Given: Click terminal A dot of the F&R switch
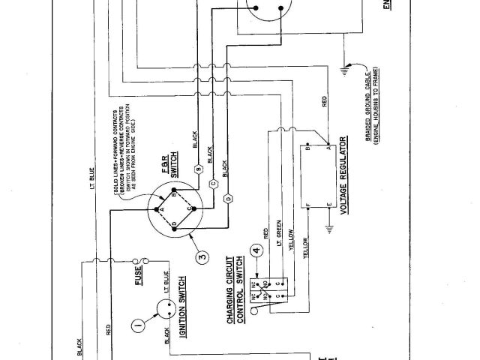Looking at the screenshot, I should [156, 202].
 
